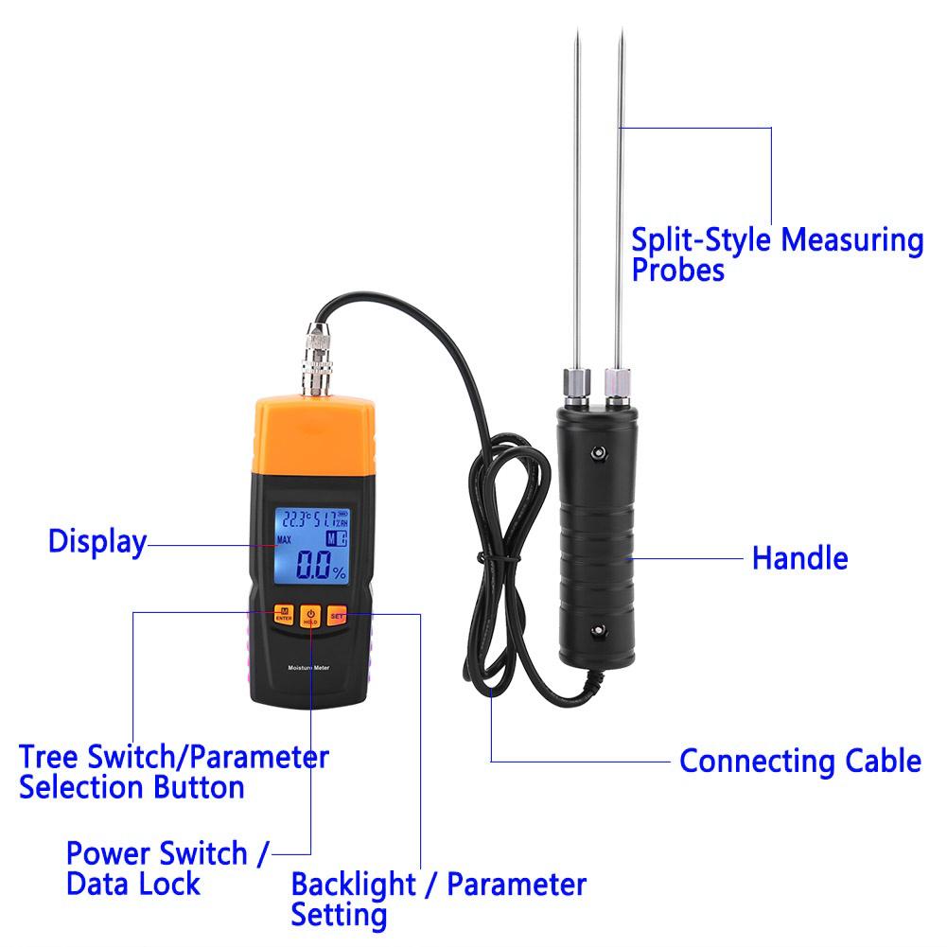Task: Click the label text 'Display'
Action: coord(97,542)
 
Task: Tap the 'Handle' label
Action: coord(799,558)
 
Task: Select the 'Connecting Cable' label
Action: coord(799,761)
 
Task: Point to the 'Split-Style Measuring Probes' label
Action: coord(777,254)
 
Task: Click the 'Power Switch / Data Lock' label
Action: coord(167,868)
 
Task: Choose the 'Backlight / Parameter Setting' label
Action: coord(438,899)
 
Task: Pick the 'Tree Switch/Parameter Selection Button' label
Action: coord(174,772)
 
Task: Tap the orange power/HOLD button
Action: coord(309,617)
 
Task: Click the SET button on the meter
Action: coord(338,616)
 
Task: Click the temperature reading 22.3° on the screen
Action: coord(292,519)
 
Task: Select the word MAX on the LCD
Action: coord(284,540)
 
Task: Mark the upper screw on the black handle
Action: coord(597,454)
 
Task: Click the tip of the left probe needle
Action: coord(576,34)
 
